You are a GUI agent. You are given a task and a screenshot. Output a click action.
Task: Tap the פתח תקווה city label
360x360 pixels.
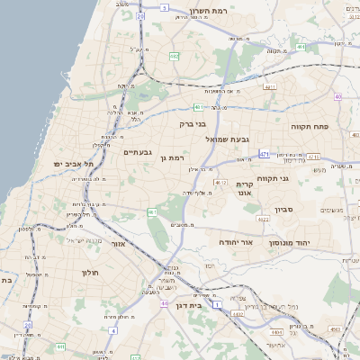coord(310,128)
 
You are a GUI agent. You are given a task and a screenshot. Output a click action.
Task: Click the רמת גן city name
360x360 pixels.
coord(169,157)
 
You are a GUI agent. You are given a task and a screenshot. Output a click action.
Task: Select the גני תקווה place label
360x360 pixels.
coord(272,178)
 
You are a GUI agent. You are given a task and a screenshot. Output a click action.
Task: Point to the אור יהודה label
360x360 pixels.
coord(237,242)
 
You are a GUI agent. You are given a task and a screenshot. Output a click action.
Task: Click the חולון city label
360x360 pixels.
coord(89,272)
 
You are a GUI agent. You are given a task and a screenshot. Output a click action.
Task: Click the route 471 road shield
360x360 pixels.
coord(264,154)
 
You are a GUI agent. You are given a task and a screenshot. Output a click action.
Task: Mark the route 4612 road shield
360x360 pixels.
coord(220,182)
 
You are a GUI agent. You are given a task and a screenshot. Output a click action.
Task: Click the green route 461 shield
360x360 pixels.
coord(152,212)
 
